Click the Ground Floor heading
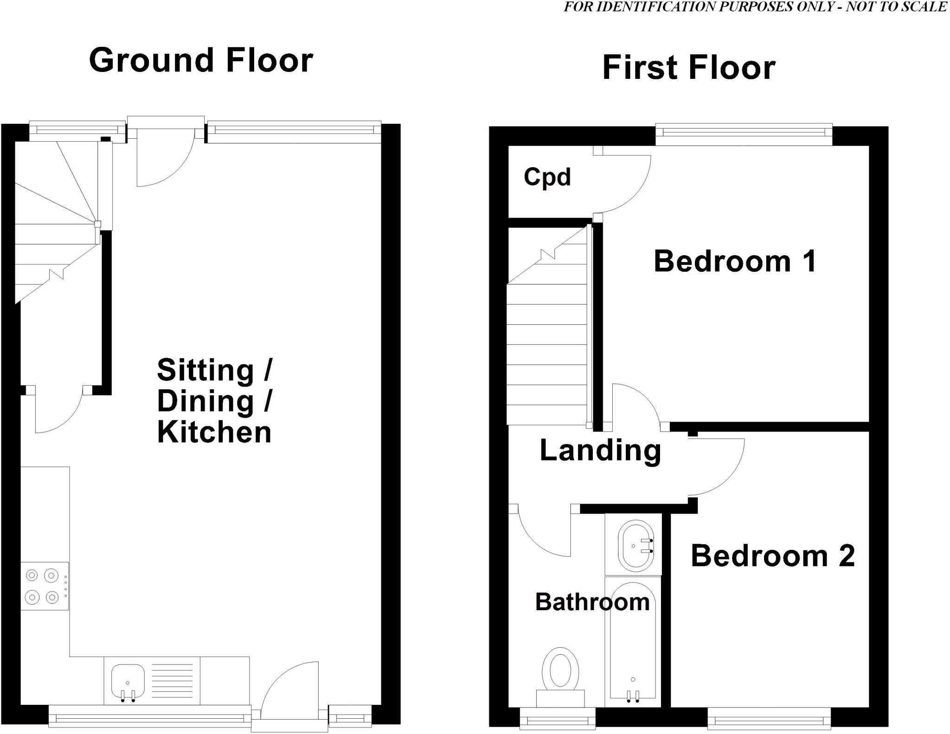pos(201,61)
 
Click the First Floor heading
pos(688,68)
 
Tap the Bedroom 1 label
pos(735,261)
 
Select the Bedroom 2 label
pos(772,556)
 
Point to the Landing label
pos(600,451)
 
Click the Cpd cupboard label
pos(547,177)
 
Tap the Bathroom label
pos(592,602)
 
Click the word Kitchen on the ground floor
pos(214,432)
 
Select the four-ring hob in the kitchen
pos(45,586)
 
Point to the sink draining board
pos(172,681)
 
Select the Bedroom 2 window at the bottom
pos(769,721)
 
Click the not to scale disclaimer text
pos(756,7)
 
